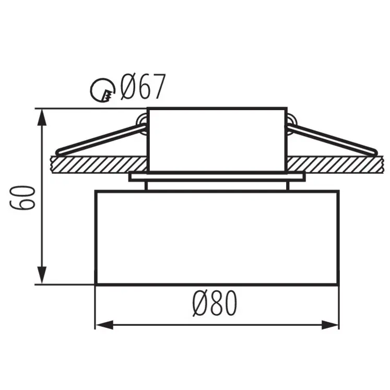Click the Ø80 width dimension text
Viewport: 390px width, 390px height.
pos(215,303)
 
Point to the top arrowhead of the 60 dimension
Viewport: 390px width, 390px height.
pos(42,116)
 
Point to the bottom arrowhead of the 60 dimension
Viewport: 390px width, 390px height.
pos(42,277)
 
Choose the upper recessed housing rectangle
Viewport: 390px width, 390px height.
pos(217,139)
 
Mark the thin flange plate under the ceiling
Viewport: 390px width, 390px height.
pos(217,178)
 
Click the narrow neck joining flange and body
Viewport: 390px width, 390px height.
pos(217,186)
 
